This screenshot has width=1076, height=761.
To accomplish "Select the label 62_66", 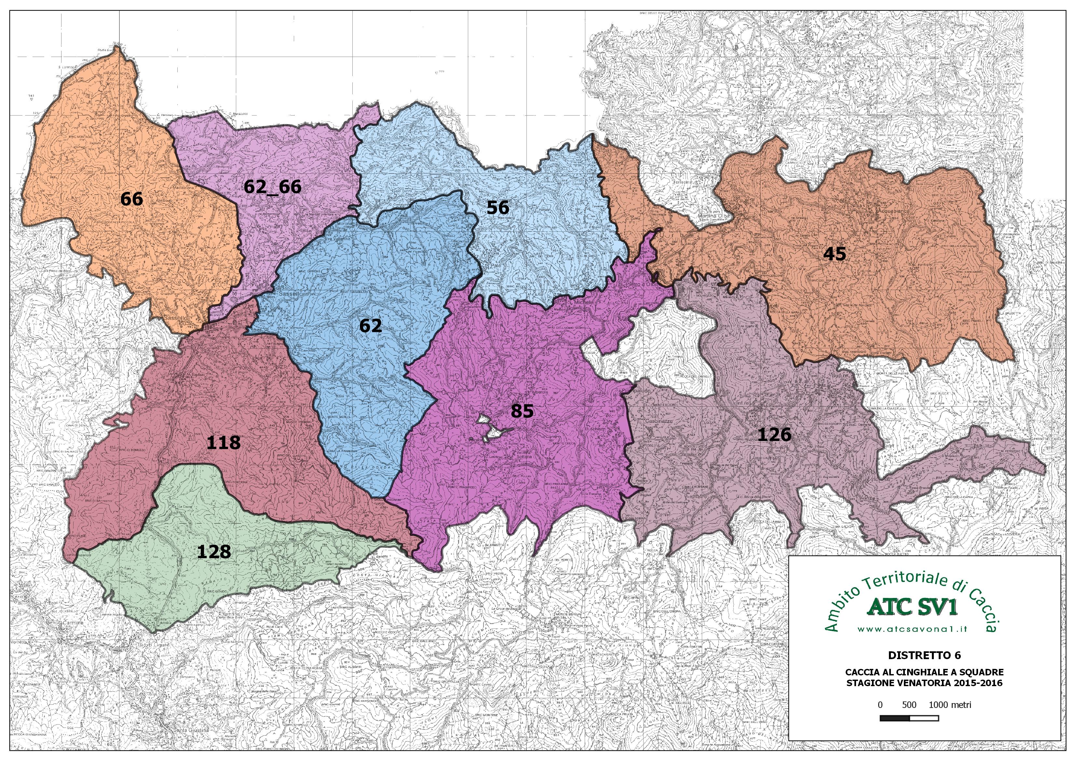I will [x=272, y=187].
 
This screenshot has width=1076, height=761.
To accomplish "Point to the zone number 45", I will [x=835, y=254].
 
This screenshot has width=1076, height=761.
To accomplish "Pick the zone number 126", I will [x=774, y=435].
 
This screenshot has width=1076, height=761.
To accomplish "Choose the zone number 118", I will [x=224, y=442].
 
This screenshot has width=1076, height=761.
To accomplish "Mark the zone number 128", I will [x=214, y=551].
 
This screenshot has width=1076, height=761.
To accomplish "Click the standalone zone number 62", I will [x=370, y=325].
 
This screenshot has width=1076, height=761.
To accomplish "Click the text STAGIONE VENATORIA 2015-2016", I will [x=924, y=683].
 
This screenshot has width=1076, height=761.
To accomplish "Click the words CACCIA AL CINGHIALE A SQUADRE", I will [x=924, y=672].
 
